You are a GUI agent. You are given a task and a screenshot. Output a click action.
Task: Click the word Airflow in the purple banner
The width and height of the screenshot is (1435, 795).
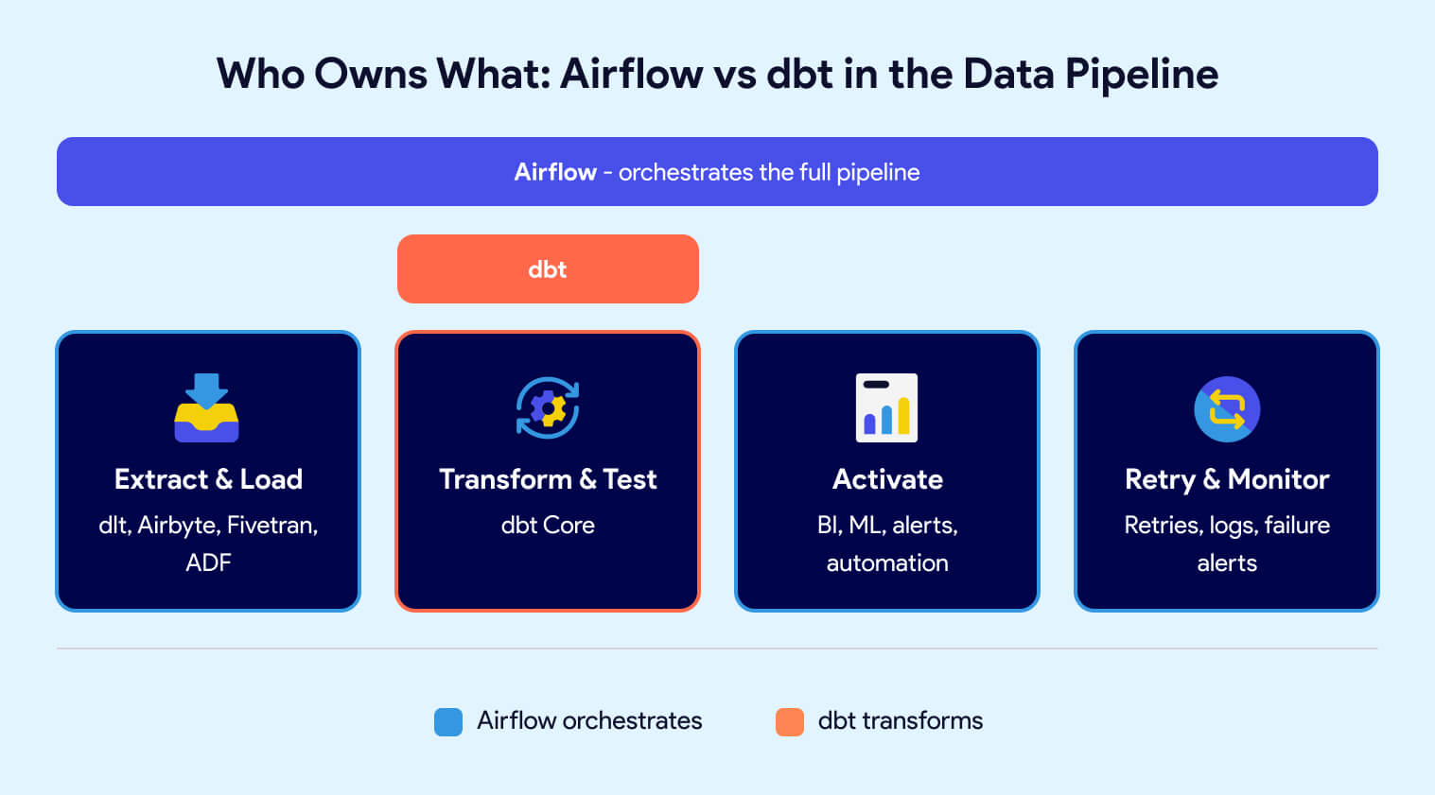coord(555,172)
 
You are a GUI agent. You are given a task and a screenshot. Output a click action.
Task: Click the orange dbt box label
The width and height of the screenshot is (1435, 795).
coord(548,269)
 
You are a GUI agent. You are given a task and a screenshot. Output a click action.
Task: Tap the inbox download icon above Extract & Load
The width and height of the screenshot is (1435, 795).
coord(207,407)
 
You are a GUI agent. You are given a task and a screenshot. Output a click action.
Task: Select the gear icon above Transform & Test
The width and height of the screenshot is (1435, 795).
coord(548,407)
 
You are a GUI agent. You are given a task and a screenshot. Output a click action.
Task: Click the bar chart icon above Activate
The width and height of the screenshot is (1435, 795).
coord(886,407)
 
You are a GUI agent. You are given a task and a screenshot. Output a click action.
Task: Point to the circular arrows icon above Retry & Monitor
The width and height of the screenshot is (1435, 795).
coord(1227,409)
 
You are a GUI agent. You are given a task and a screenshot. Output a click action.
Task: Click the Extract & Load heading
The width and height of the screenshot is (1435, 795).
coord(208,479)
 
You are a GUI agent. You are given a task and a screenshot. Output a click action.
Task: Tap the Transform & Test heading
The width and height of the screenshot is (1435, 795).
coord(548,479)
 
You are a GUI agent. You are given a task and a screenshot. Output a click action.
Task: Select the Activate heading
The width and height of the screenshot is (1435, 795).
coord(887,479)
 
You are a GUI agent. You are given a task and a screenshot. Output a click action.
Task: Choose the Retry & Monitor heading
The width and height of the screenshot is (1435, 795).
coord(1227,479)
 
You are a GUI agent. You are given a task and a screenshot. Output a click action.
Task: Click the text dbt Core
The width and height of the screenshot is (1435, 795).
coord(548,526)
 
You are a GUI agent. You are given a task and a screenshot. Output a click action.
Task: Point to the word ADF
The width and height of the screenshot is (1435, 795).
coord(208,563)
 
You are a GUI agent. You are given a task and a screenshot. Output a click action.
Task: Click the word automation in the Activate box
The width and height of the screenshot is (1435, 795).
coord(887,563)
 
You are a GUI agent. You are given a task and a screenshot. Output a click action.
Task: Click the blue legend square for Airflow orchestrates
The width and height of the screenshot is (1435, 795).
coord(448,721)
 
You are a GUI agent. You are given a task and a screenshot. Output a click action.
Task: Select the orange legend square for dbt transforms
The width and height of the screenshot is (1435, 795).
coord(790,721)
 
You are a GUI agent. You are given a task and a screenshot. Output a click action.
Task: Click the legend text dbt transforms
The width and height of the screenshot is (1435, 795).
coord(900,721)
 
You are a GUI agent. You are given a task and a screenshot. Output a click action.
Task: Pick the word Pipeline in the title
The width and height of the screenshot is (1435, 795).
coord(1142,75)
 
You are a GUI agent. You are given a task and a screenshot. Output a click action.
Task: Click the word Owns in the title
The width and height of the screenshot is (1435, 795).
coord(371,75)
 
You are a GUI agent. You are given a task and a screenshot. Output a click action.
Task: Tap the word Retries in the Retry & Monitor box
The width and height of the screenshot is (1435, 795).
coord(1163,526)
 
